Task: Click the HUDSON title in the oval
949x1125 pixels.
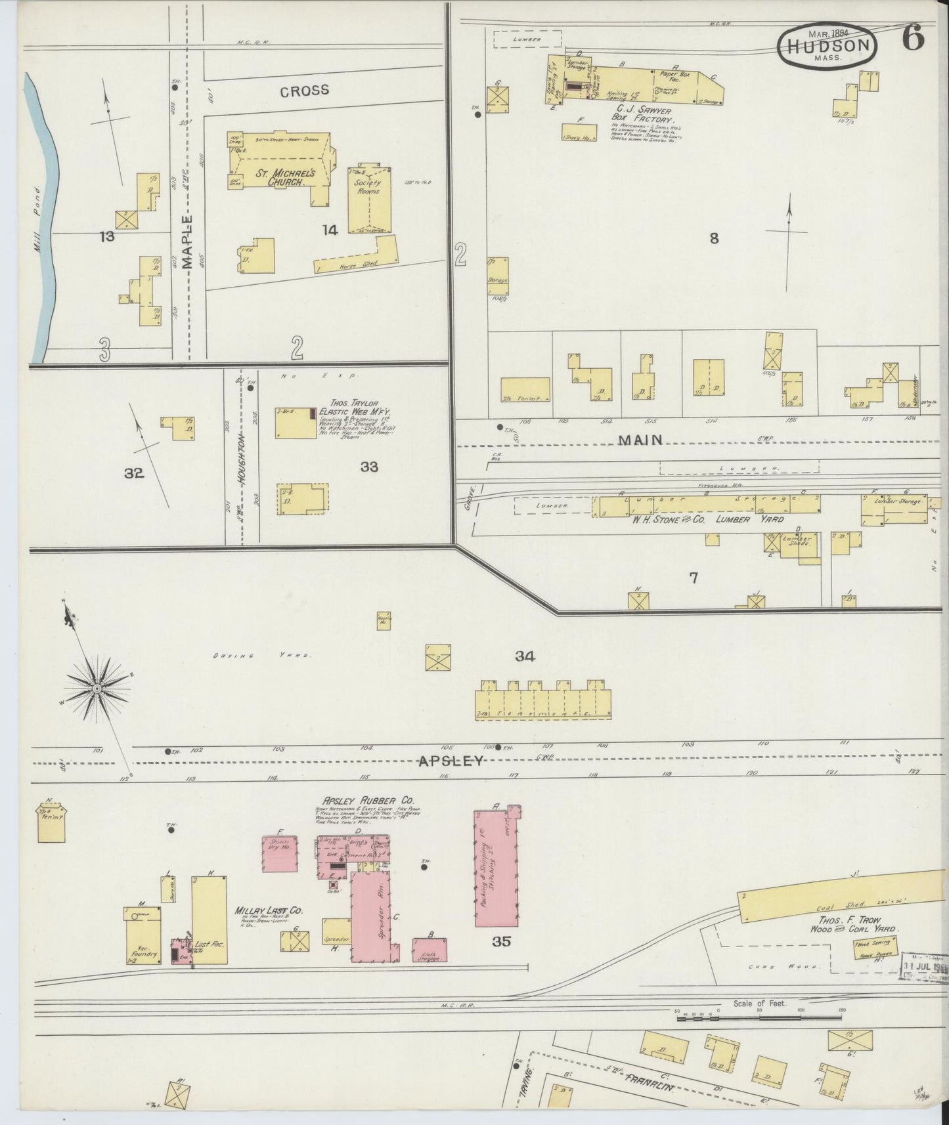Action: pyautogui.click(x=827, y=45)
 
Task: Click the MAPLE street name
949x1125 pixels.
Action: pyautogui.click(x=188, y=242)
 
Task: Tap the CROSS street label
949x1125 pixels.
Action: pyautogui.click(x=305, y=91)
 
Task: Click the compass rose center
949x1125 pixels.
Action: pyautogui.click(x=97, y=688)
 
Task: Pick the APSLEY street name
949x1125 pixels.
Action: pyautogui.click(x=451, y=761)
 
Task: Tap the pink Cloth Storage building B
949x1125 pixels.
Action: pyautogui.click(x=430, y=950)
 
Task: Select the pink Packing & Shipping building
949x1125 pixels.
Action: pyautogui.click(x=495, y=866)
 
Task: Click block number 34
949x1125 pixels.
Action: pyautogui.click(x=525, y=656)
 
